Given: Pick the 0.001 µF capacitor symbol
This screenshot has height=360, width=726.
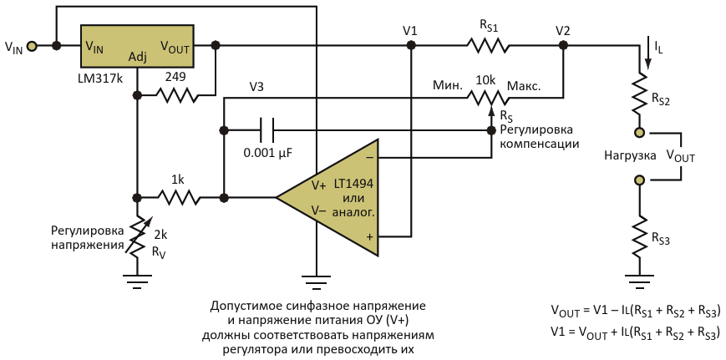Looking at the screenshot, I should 267,130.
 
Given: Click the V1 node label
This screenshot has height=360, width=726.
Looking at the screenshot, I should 410,31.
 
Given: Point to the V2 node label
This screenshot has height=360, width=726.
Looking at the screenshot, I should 563,31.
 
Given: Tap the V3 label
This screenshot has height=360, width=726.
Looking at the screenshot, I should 257,86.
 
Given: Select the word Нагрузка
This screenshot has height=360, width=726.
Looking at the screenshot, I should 631,155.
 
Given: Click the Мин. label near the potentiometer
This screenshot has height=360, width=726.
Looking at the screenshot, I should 446,86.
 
